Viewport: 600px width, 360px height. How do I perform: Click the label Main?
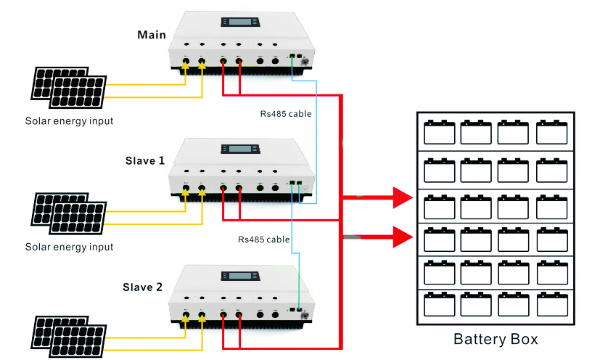coord(152,35)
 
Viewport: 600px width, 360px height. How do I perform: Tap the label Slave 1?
coord(145,161)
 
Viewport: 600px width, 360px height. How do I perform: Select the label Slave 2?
coord(142,287)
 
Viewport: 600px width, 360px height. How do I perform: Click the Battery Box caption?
coord(496,340)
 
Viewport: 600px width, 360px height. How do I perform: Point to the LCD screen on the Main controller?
coord(240,22)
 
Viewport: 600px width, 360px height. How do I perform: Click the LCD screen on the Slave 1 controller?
coord(240,149)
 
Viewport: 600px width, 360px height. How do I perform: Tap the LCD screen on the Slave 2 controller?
coord(240,276)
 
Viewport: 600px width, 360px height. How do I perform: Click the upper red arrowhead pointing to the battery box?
coord(403,197)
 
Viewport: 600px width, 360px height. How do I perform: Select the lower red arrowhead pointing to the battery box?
coord(403,237)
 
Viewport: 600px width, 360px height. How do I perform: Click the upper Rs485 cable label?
coord(286,114)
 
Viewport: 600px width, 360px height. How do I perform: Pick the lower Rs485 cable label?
coord(263,240)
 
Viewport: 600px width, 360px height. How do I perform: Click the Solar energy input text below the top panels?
coord(69,121)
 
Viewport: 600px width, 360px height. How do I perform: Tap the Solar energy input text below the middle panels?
coord(69,247)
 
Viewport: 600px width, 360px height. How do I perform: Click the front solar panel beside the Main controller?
coord(78,92)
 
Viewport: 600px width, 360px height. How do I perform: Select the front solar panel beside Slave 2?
coord(78,341)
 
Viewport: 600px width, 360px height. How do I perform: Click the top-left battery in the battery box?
coord(439,132)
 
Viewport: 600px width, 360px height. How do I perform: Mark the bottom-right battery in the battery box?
coord(552,304)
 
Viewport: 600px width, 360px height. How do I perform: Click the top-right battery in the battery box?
coord(552,132)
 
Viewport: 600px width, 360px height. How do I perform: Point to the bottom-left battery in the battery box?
coord(439,304)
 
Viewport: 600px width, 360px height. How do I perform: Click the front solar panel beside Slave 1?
coord(78,218)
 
